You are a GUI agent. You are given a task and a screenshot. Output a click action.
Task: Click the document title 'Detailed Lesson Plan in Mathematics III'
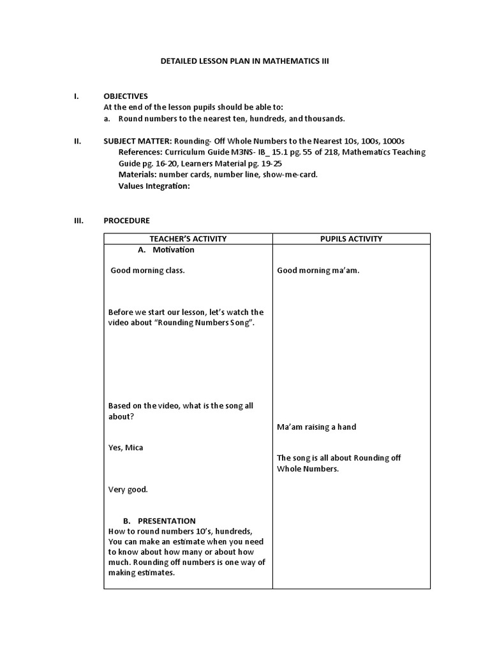pos(244,61)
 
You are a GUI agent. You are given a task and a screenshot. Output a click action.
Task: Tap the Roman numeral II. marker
pos(77,141)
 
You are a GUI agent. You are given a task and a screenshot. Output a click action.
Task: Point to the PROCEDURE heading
pos(126,221)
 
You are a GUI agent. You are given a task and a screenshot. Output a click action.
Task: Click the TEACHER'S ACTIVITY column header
pos(188,238)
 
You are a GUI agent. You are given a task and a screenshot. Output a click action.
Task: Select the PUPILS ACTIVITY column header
pos(351,238)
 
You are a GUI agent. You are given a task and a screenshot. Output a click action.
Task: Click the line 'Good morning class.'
pos(147,270)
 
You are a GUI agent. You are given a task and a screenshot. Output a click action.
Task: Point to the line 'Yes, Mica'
pos(126,448)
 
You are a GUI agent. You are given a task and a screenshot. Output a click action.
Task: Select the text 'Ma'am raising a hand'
pos(316,427)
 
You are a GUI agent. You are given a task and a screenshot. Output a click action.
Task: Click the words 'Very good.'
pos(128,490)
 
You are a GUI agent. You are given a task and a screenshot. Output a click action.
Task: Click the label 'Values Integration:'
pos(154,186)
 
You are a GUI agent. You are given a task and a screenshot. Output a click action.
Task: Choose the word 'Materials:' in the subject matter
pos(138,175)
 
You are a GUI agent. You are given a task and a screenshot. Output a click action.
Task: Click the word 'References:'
pos(140,152)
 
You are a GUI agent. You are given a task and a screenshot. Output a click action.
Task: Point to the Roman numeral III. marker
pos(79,221)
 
